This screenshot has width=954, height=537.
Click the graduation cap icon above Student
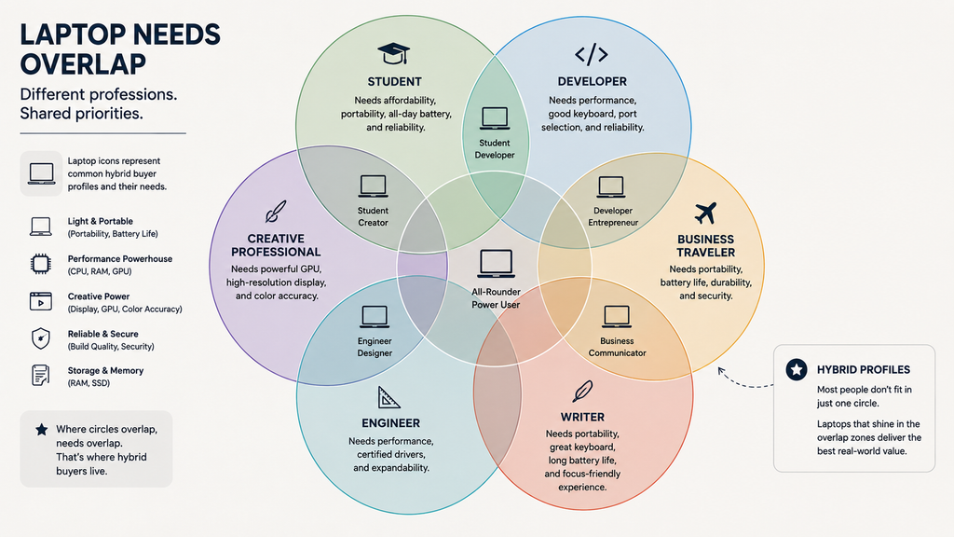click(x=393, y=53)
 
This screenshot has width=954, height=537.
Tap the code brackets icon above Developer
click(x=592, y=54)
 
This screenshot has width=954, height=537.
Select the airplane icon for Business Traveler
click(x=705, y=213)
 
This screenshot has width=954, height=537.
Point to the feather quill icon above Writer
click(x=582, y=392)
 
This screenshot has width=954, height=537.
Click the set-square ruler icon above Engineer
click(x=388, y=397)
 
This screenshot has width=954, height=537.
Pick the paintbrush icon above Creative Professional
click(x=275, y=212)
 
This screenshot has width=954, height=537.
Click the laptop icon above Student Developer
click(x=495, y=118)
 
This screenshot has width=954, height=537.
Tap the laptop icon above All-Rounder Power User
click(x=496, y=264)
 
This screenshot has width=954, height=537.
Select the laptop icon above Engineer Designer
click(x=375, y=317)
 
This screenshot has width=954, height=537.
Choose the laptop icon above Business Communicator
click(x=617, y=317)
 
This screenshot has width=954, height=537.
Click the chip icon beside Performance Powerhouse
click(x=41, y=264)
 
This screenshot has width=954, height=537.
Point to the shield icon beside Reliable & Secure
click(x=41, y=338)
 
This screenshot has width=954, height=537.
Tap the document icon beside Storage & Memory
click(x=40, y=375)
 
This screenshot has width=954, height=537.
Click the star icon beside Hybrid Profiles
click(x=797, y=369)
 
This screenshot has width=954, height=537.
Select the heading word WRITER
click(x=582, y=417)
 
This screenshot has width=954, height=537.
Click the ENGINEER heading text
click(x=390, y=423)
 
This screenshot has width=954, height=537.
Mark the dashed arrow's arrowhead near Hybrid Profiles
click(x=722, y=371)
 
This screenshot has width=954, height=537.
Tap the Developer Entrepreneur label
click(x=613, y=216)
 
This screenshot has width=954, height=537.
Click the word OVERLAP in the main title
click(x=83, y=64)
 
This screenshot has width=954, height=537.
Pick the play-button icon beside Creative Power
click(x=41, y=301)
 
